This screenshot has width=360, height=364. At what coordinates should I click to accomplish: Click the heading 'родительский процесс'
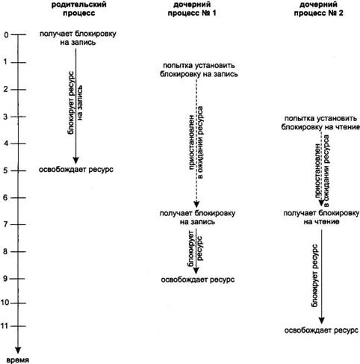pyautogui.click(x=78, y=8)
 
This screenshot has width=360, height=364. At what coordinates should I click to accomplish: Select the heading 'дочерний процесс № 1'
pyautogui.click(x=192, y=8)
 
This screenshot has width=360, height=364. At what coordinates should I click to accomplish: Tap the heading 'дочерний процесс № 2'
pyautogui.click(x=318, y=8)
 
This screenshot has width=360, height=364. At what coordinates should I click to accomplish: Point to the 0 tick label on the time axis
pyautogui.click(x=6, y=35)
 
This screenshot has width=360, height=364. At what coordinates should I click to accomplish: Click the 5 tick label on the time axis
pyautogui.click(x=6, y=170)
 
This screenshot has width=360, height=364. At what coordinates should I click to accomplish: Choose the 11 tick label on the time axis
pyautogui.click(x=4, y=326)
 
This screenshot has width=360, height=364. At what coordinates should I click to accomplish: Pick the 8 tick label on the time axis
pyautogui.click(x=6, y=251)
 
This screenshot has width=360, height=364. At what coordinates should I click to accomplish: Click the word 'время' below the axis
pyautogui.click(x=17, y=360)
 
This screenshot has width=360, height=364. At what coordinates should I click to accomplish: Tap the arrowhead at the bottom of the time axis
pyautogui.click(x=18, y=350)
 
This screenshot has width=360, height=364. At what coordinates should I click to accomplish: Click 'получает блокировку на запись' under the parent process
pyautogui.click(x=78, y=38)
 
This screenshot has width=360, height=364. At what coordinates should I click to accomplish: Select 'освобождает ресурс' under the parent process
pyautogui.click(x=76, y=170)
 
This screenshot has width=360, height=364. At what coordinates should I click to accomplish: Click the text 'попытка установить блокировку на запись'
pyautogui.click(x=199, y=70)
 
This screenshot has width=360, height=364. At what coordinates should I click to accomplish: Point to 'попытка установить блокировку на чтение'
pyautogui.click(x=320, y=123)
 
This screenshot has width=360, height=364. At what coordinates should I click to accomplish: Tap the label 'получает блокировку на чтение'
pyautogui.click(x=321, y=218)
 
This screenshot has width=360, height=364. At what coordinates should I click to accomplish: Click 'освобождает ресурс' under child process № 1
pyautogui.click(x=198, y=280)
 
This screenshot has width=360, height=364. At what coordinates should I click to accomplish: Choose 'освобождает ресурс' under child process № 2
pyautogui.click(x=321, y=330)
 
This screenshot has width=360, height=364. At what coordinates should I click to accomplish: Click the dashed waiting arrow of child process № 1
pyautogui.click(x=196, y=143)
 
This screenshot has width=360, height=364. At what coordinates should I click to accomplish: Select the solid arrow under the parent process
pyautogui.click(x=75, y=106)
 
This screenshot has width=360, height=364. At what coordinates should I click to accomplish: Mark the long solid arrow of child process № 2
pyautogui.click(x=321, y=277)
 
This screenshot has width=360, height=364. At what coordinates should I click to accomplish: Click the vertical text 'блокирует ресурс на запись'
pyautogui.click(x=75, y=103)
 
